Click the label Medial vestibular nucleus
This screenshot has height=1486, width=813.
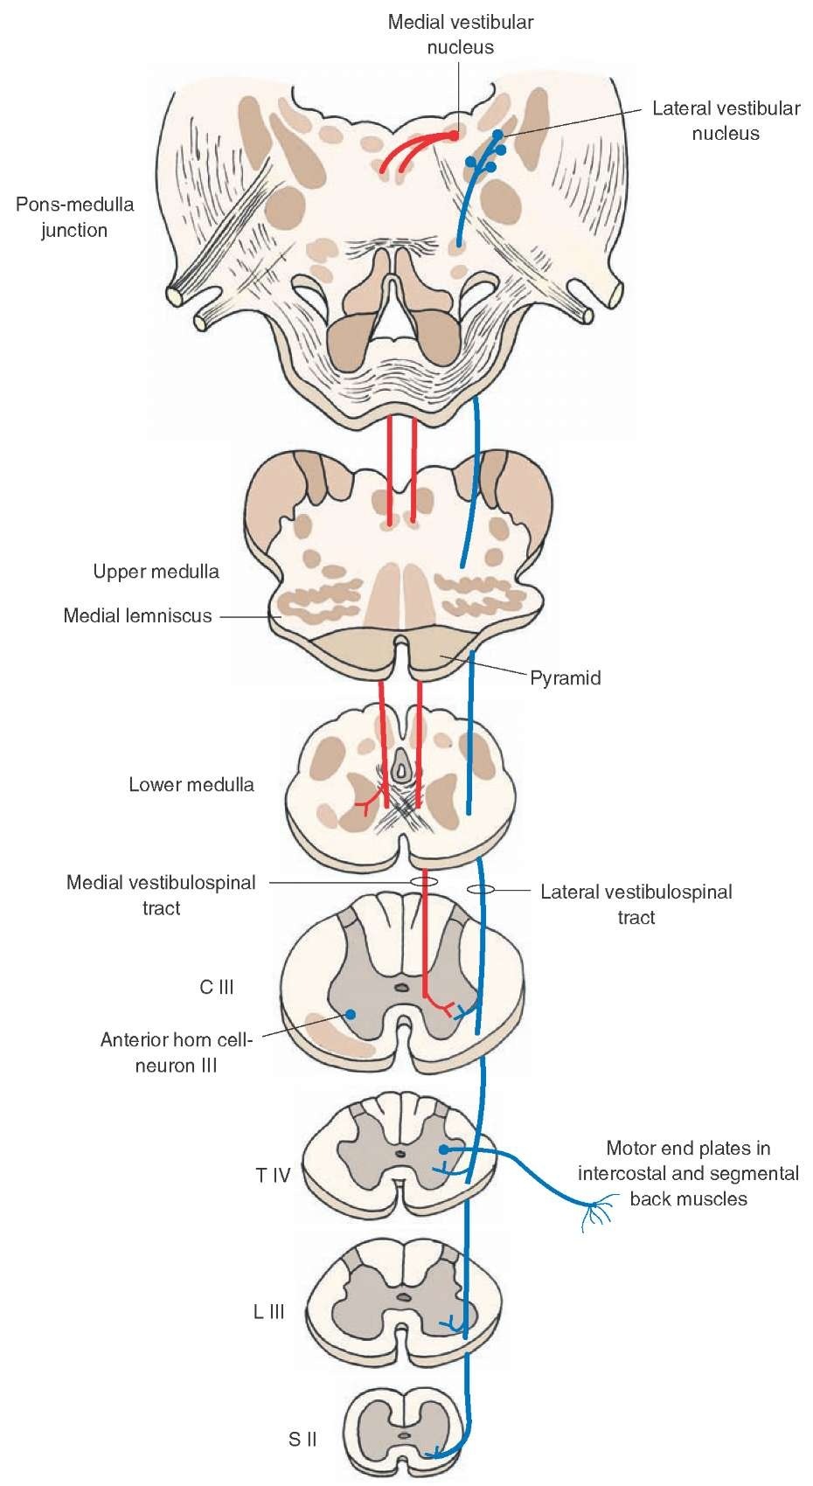[461, 34]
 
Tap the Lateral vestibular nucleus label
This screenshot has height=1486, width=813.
[726, 121]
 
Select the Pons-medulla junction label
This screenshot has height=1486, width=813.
[74, 218]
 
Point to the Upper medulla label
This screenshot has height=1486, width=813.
[156, 572]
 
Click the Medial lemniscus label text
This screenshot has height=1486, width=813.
[137, 615]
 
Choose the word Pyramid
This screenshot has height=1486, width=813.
[566, 677]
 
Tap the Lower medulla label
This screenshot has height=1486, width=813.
[191, 784]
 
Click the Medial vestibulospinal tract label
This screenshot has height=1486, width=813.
[161, 895]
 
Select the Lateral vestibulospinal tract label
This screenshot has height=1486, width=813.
[636, 904]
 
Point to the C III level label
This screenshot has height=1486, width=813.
[217, 987]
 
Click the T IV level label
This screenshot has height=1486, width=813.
[273, 1175]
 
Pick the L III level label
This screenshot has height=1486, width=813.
[269, 1312]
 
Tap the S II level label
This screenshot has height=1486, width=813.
[302, 1438]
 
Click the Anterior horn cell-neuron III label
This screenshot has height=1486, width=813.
[176, 1052]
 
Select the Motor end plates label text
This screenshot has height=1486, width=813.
[689, 1173]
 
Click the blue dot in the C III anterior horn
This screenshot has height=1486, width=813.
[350, 1014]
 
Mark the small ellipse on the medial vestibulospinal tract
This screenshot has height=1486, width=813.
[424, 881]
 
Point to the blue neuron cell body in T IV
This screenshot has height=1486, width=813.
[444, 1149]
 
